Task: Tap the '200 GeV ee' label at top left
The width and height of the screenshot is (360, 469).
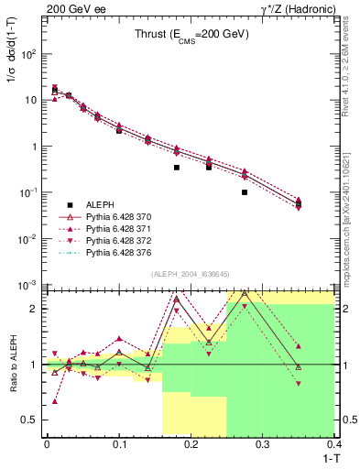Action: click(x=75, y=8)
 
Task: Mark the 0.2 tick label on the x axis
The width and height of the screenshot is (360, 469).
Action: click(x=191, y=445)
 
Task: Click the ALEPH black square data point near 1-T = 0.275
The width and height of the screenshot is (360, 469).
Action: click(x=245, y=192)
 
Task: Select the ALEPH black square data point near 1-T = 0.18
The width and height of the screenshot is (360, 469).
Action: click(x=177, y=168)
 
